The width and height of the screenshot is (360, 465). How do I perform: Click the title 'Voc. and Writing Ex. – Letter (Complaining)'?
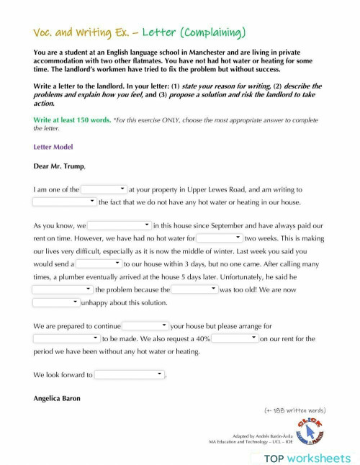140,32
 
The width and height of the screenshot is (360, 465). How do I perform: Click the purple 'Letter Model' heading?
53,147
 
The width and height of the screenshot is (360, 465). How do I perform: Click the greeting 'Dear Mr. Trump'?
59,167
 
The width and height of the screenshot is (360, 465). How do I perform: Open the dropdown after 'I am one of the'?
104,189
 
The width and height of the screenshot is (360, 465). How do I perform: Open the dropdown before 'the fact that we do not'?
64,202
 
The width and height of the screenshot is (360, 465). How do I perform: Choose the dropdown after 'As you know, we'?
120,225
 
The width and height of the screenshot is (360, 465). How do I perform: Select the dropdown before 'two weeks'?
220,238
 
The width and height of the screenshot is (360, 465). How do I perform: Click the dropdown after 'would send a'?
99,264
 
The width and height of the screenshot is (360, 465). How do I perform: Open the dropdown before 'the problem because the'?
63,289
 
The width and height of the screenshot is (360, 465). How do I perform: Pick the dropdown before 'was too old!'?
194,289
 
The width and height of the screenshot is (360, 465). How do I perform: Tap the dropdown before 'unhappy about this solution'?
56,303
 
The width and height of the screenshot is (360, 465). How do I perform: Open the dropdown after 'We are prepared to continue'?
145,326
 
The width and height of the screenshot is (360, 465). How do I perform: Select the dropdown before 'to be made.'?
66,338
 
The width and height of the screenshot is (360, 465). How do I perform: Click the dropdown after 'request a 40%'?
235,338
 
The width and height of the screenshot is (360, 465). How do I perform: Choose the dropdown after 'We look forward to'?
130,375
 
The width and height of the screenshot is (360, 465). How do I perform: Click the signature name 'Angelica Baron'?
57,398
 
